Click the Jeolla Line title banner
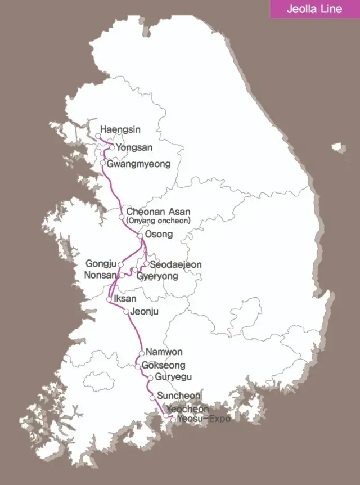pyautogui.click(x=314, y=9)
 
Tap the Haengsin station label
pyautogui.click(x=120, y=129)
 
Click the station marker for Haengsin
pyautogui.click(x=98, y=136)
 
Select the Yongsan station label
pyautogui.click(x=134, y=147)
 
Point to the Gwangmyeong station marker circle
pyautogui.click(x=102, y=163)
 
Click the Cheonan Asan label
pyautogui.click(x=158, y=212)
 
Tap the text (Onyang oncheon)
pyautogui.click(x=158, y=221)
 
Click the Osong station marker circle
pyautogui.click(x=140, y=236)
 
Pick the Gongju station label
pyautogui.click(x=101, y=264)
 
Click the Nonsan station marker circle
pyautogui.click(x=122, y=275)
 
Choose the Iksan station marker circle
pyautogui.click(x=109, y=300)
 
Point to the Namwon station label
pyautogui.click(x=164, y=352)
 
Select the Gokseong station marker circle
pyautogui.click(x=137, y=366)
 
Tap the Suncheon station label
pyautogui.click(x=179, y=396)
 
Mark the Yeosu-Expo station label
pyautogui.click(x=204, y=419)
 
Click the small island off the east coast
pyautogui.click(x=337, y=148)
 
